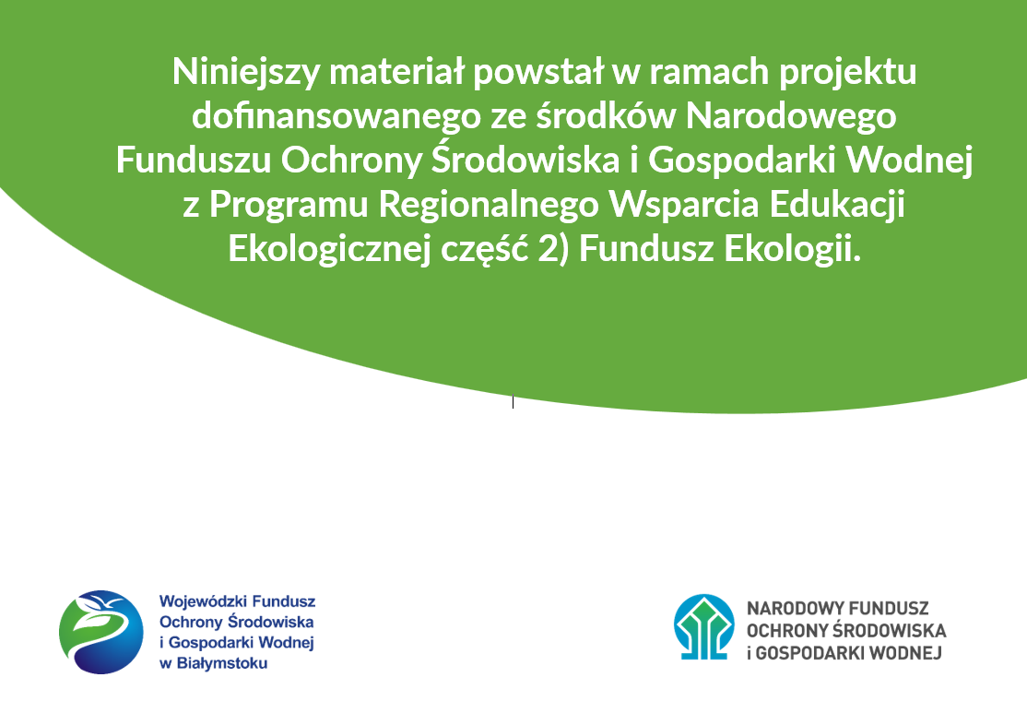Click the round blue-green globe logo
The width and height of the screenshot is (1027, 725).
[x=101, y=632]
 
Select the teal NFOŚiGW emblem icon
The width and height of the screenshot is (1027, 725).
[x=704, y=626]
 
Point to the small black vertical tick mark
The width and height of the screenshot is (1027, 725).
[x=513, y=401]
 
